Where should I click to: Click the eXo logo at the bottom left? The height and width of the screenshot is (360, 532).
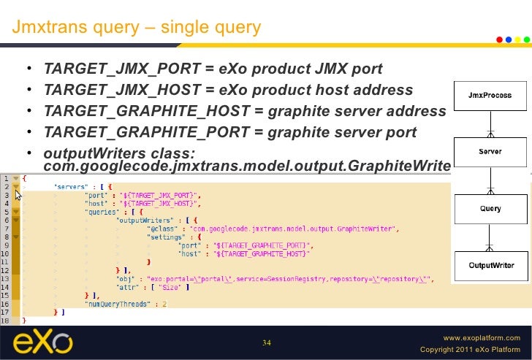43,342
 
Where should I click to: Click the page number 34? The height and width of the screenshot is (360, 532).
266,342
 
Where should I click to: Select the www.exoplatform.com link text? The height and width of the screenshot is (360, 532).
482,338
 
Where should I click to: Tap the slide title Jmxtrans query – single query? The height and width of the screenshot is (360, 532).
136,28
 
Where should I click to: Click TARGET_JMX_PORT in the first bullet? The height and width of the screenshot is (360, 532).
122,69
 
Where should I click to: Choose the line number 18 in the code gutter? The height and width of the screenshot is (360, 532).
5,321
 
